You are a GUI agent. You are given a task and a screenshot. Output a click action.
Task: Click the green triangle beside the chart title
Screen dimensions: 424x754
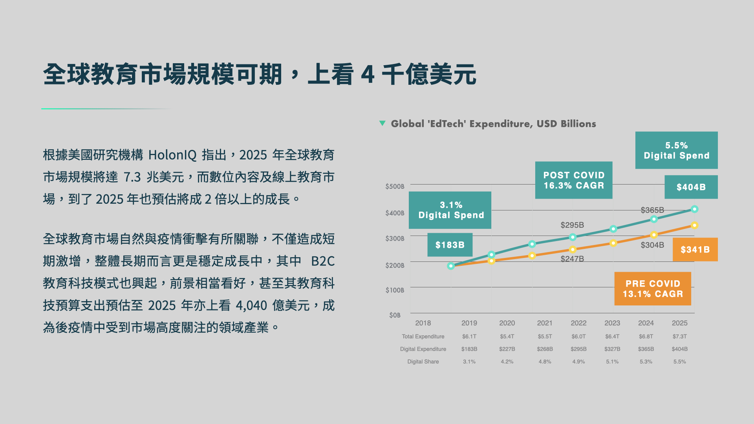pos(382,123)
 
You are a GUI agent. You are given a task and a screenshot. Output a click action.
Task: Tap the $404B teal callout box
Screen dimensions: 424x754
pos(691,187)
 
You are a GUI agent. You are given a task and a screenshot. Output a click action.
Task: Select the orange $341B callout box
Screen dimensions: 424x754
pos(695,249)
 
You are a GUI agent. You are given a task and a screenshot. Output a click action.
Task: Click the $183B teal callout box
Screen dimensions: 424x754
pos(450,245)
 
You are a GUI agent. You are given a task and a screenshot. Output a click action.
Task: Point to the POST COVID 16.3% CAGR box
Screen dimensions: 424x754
pos(573,180)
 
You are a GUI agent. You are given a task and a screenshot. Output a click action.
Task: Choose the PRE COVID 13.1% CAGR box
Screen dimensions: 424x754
pos(652,289)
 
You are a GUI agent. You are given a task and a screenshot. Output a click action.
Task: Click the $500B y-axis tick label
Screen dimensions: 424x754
pos(395,186)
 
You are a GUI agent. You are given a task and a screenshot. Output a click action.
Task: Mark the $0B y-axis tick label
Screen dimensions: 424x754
pos(395,315)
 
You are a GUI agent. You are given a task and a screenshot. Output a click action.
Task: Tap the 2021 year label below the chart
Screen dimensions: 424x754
pos(544,323)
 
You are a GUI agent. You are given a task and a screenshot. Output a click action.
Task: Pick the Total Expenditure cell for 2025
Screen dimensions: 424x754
pos(679,336)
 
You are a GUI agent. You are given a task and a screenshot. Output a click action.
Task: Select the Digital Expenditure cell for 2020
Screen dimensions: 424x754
pos(507,349)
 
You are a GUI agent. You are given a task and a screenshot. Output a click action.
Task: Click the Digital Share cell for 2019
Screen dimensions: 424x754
pos(469,362)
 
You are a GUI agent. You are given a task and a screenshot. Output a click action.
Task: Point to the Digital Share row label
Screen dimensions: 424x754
pos(423,362)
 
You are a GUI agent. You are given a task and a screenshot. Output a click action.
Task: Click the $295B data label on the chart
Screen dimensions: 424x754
pos(572,225)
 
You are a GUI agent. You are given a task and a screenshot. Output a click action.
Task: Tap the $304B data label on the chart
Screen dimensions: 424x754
pos(652,245)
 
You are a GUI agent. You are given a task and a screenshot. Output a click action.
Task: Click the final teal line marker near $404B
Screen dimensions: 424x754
pos(694,209)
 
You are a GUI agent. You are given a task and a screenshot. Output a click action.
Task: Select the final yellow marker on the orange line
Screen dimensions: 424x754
pos(694,225)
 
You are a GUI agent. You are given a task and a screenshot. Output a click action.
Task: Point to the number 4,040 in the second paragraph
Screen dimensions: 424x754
pos(251,305)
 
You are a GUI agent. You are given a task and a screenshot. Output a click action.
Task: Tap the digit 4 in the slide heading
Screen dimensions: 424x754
pos(368,75)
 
